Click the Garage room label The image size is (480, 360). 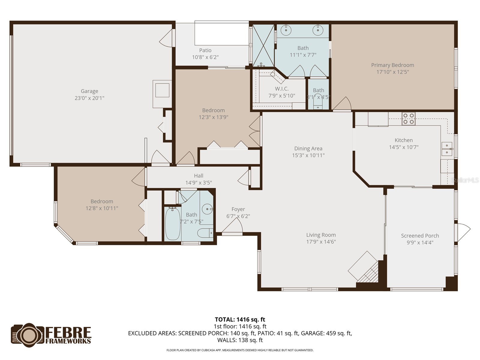pos(89,91)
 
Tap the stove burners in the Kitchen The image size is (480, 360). pos(408,118)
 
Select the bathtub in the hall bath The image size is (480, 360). pos(172,223)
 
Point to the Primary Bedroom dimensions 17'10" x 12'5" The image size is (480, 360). pos(392,72)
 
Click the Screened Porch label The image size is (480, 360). pos(420,236)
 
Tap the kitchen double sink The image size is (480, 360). pos(447,149)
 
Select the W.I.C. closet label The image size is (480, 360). pos(282,89)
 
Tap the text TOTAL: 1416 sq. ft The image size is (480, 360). pos(240,319)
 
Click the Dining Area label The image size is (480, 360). pos(308,148)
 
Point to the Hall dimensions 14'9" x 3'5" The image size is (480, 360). pos(198,182)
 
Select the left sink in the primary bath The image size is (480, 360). pos(286,30)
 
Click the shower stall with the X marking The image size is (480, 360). pos(263,46)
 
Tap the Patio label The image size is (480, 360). pos(205,50)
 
